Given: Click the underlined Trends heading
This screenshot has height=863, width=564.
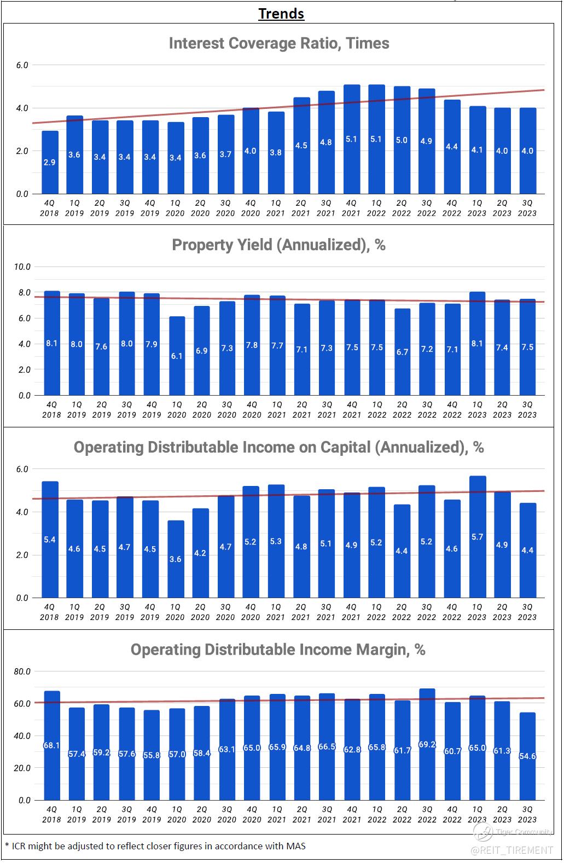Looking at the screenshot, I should coord(281,13).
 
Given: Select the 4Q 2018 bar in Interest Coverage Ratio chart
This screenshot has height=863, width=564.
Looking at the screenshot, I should coord(49,163).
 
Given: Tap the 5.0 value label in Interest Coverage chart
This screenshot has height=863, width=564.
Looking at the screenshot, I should coord(402,140).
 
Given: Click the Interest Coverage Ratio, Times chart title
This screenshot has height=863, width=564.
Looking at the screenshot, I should coord(279,43).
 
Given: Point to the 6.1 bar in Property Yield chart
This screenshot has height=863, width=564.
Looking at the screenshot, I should coord(177,356).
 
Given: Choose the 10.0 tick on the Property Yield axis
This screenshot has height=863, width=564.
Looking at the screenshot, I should coord(22,267).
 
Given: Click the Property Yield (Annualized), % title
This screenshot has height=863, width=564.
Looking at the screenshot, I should coord(279,245).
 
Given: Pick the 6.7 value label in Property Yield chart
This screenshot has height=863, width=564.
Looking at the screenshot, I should coord(402,352).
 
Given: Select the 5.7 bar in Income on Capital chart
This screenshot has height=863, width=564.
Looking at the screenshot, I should coord(478,536).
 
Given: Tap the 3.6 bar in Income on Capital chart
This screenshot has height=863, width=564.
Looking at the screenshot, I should coord(175,559).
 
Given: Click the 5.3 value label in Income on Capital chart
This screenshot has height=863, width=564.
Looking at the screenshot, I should coord(276,541).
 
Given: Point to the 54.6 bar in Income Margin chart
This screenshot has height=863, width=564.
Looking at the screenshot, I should coord(527,756).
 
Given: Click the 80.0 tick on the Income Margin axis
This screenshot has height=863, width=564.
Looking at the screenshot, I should coord(22,671).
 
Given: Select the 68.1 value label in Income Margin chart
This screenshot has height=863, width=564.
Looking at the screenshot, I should coord(51,745).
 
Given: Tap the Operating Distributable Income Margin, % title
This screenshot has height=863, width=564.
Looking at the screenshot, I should coord(278,650).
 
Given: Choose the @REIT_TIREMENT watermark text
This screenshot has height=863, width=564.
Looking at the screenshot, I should coord(512,850).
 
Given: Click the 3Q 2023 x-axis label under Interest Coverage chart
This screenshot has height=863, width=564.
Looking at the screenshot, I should coord(527,208).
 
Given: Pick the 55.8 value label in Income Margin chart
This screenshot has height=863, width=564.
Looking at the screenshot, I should coord(152,755).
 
